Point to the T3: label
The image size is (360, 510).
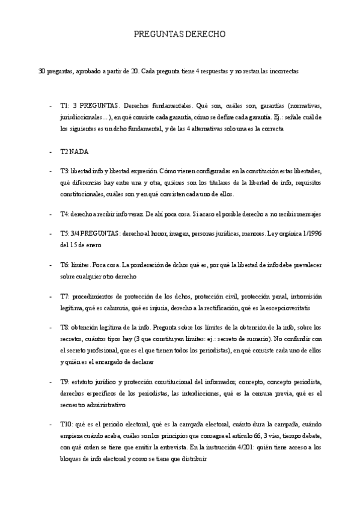click(x=65, y=171)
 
